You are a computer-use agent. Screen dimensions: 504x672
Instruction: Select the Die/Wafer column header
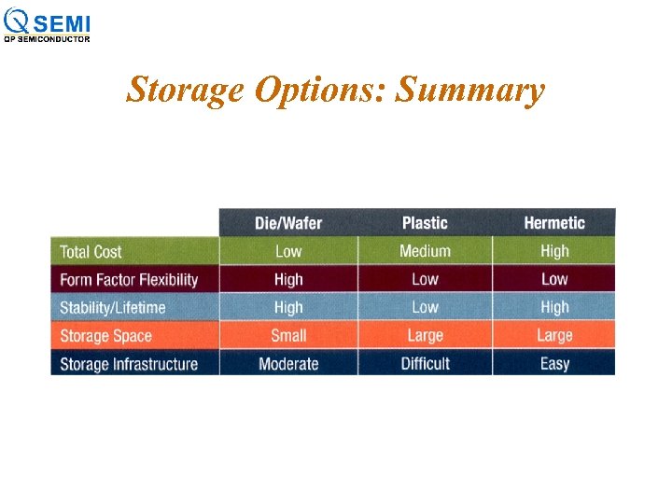(288, 222)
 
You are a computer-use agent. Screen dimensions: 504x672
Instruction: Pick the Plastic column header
(425, 222)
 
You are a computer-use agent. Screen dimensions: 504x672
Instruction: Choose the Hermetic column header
(554, 222)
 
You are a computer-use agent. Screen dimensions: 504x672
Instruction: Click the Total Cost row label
(91, 251)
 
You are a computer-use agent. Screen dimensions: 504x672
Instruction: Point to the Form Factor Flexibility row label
(129, 279)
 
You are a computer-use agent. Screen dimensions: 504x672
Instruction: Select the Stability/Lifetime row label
(112, 307)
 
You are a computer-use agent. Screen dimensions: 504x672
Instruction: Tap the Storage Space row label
(105, 336)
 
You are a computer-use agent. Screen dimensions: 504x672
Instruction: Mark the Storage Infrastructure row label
(129, 364)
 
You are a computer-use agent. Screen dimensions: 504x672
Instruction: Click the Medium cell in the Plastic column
(425, 251)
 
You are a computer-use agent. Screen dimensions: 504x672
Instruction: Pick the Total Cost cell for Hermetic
(554, 251)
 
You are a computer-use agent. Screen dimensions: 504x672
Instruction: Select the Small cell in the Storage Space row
(288, 335)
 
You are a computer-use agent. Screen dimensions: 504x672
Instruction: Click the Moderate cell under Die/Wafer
(288, 363)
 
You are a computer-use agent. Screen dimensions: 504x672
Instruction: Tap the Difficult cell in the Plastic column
(425, 363)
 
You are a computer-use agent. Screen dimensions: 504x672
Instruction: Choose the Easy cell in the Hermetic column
(554, 363)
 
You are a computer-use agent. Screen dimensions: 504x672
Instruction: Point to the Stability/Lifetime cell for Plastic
(425, 307)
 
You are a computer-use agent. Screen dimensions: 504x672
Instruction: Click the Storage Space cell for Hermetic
(554, 335)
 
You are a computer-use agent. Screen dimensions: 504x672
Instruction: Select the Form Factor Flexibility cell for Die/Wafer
(288, 279)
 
